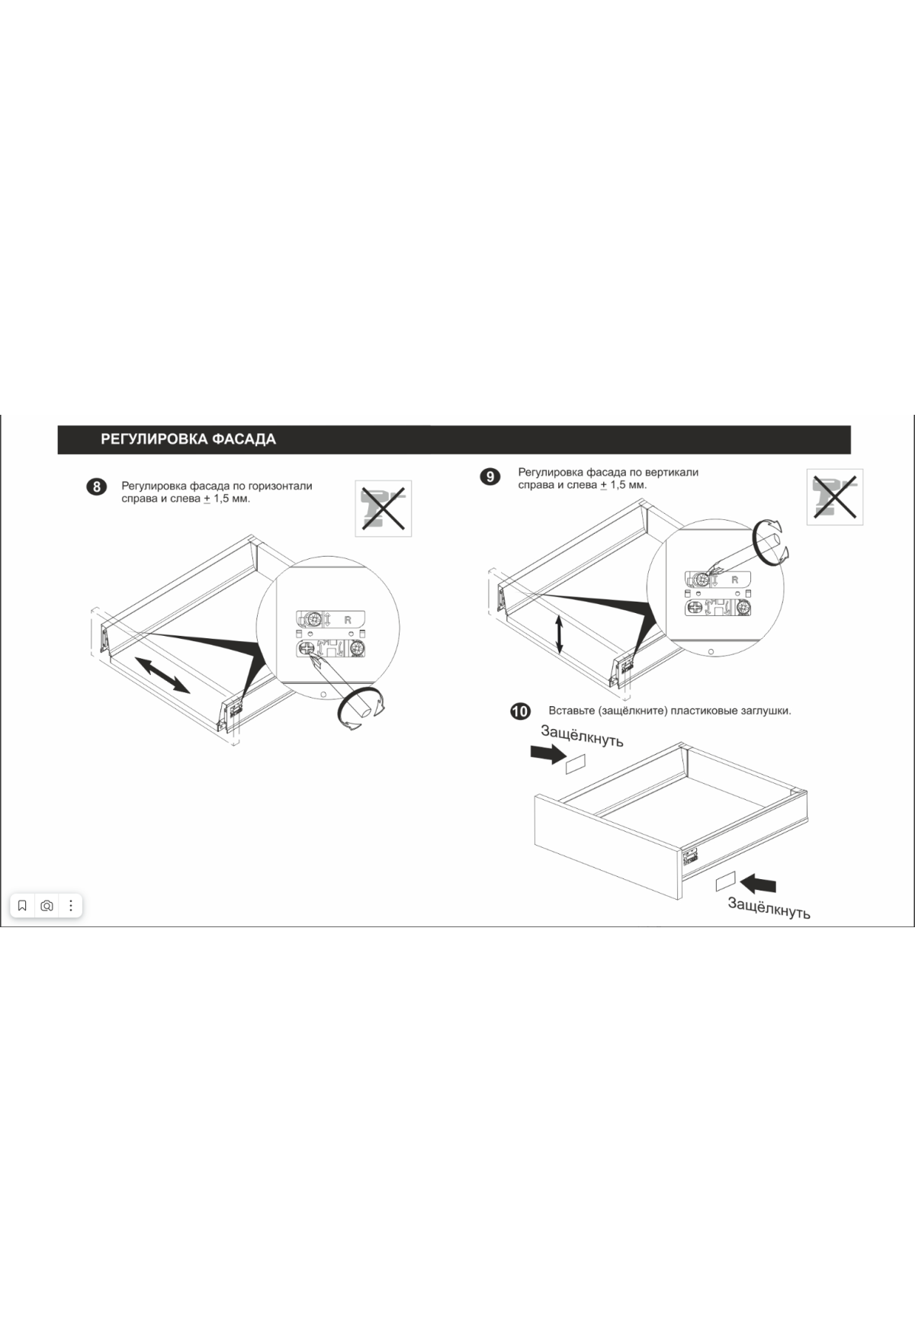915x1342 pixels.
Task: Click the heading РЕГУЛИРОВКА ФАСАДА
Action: pyautogui.click(x=188, y=439)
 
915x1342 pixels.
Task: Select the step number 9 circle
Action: pyautogui.click(x=490, y=477)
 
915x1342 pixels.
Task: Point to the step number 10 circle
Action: pyautogui.click(x=519, y=711)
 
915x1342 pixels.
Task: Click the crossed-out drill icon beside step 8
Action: pyautogui.click(x=384, y=508)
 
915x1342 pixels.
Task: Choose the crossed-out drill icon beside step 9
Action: pyautogui.click(x=835, y=497)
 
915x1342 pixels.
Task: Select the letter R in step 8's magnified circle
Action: pyautogui.click(x=348, y=620)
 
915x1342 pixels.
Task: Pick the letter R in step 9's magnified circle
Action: pyautogui.click(x=735, y=580)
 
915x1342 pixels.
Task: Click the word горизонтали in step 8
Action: pyautogui.click(x=281, y=486)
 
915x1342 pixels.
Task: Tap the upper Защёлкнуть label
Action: pyautogui.click(x=582, y=736)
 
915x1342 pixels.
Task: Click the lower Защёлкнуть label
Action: pyautogui.click(x=769, y=907)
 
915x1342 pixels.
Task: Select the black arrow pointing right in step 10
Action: pyautogui.click(x=547, y=754)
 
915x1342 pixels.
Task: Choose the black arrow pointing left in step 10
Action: pyautogui.click(x=759, y=884)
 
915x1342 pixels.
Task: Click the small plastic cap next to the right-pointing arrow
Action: pyautogui.click(x=574, y=764)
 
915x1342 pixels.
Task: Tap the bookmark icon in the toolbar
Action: pyautogui.click(x=22, y=906)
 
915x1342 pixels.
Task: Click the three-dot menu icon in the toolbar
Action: pyautogui.click(x=71, y=906)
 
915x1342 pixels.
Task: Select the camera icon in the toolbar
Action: pyautogui.click(x=47, y=906)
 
